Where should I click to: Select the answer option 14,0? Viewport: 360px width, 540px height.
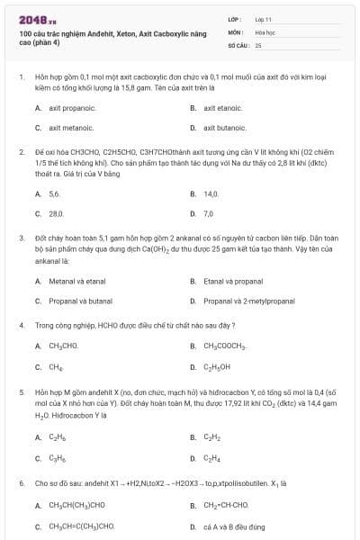tap(211, 193)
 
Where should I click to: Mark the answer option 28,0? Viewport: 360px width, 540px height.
tap(56, 214)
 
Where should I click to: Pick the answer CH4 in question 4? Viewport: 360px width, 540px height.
tap(56, 366)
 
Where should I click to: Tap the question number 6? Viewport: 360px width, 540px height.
tap(21, 483)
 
